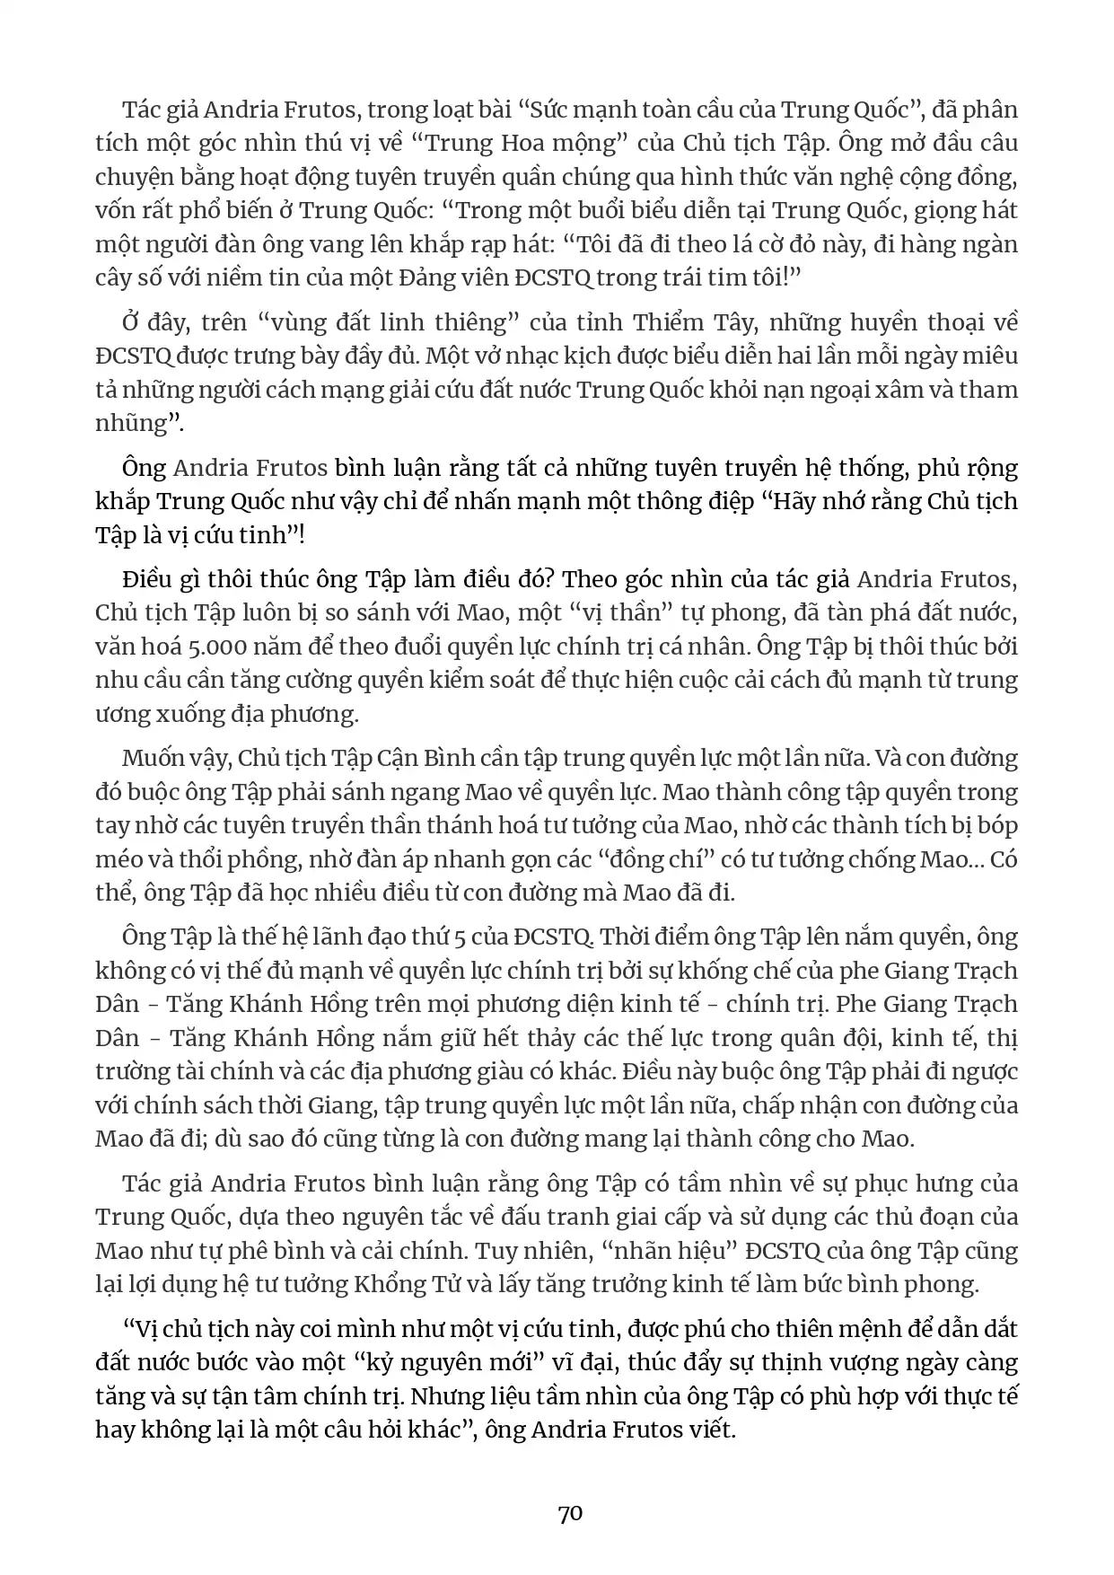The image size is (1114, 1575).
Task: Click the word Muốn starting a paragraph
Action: click(x=150, y=758)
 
